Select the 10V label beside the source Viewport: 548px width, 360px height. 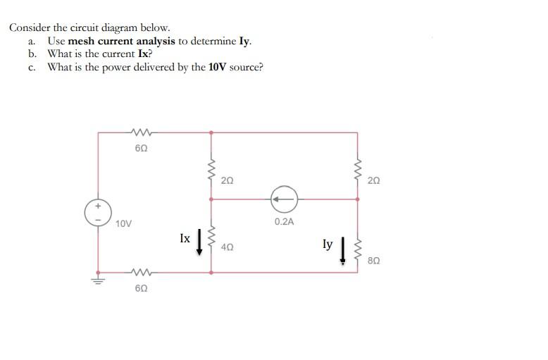click(x=123, y=223)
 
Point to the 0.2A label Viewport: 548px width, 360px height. click(x=284, y=221)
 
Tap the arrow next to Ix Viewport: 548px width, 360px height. click(x=199, y=241)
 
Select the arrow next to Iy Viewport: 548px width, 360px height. click(x=343, y=249)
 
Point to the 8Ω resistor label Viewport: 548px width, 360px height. click(x=373, y=261)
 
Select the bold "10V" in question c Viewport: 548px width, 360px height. click(x=217, y=68)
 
